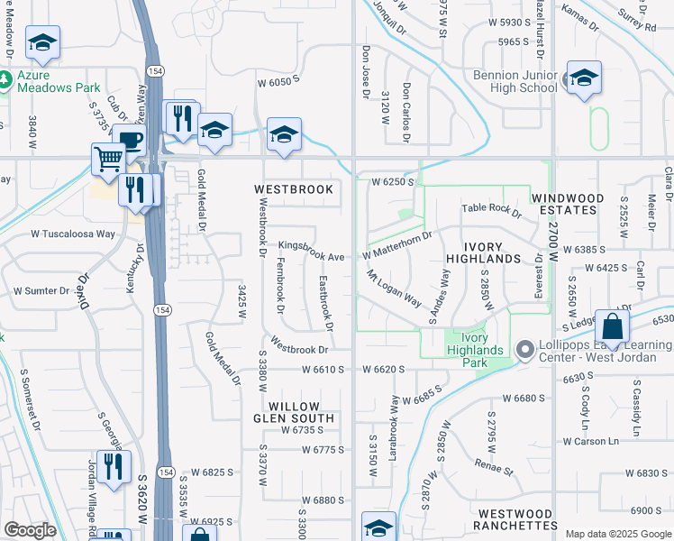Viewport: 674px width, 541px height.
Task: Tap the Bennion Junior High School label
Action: point(515,81)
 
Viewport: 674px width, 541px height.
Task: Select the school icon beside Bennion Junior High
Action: point(583,78)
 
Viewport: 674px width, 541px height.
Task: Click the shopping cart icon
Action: point(108,160)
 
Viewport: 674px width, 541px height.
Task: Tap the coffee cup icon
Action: point(129,142)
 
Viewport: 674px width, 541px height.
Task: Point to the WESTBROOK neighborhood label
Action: point(294,189)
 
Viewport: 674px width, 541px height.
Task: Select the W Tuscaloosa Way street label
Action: point(73,233)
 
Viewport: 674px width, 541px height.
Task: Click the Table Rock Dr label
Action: point(492,209)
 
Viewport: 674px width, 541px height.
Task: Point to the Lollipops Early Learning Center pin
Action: point(524,348)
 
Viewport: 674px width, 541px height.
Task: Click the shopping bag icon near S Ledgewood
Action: point(612,330)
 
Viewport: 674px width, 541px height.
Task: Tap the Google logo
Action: point(30,530)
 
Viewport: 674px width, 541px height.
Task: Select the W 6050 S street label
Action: point(277,82)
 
